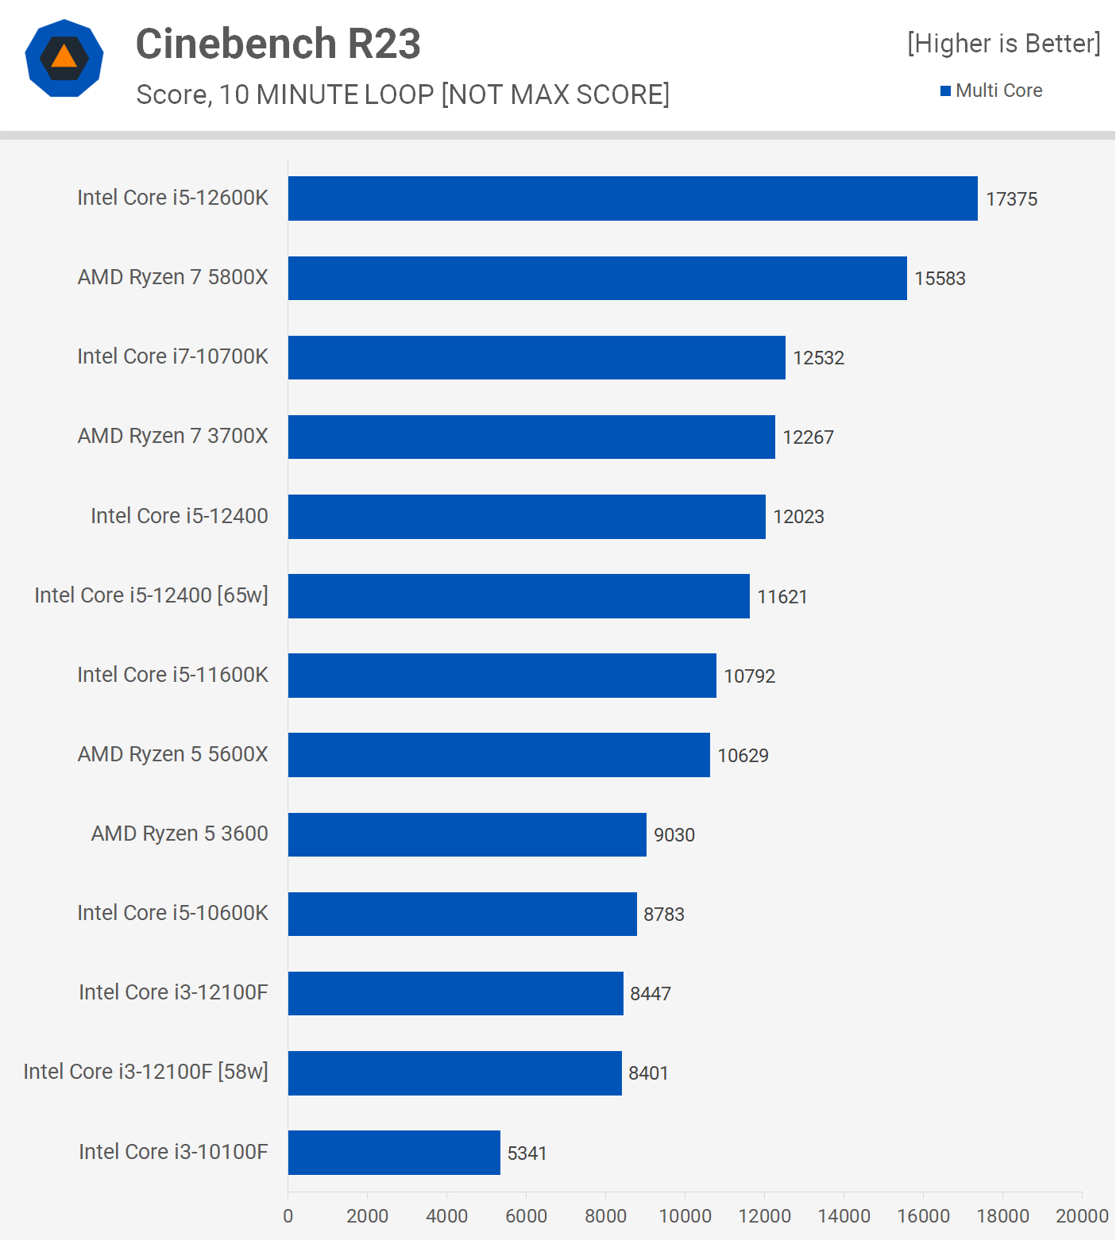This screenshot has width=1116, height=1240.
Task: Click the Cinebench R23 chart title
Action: pos(278,44)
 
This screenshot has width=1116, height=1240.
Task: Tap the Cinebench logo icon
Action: pos(64,58)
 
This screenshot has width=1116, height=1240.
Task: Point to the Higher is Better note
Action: pos(1004,44)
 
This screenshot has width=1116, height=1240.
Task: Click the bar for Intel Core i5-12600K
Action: pos(632,198)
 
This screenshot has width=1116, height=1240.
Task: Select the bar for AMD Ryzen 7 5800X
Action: pos(597,278)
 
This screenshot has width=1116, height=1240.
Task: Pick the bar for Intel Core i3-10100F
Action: pos(394,1153)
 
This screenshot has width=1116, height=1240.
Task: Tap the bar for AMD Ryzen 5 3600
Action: pos(467,834)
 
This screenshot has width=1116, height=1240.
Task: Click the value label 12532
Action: pos(818,358)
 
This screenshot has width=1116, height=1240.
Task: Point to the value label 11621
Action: pos(782,597)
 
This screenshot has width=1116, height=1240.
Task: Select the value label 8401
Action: pos(648,1073)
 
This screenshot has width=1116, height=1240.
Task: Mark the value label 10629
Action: pos(743,756)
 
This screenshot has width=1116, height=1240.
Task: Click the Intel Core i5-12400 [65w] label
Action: pos(151,595)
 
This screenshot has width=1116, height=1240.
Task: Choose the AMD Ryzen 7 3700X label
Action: pos(172,436)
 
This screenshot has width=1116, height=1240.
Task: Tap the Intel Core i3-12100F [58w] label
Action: pos(145,1072)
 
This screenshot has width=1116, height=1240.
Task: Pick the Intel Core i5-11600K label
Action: pos(172,675)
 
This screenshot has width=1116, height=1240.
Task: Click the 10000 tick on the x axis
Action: pos(685,1216)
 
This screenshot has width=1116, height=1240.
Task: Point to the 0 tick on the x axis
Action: pos(288,1216)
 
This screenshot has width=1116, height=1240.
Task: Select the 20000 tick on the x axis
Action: pos(1081,1216)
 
